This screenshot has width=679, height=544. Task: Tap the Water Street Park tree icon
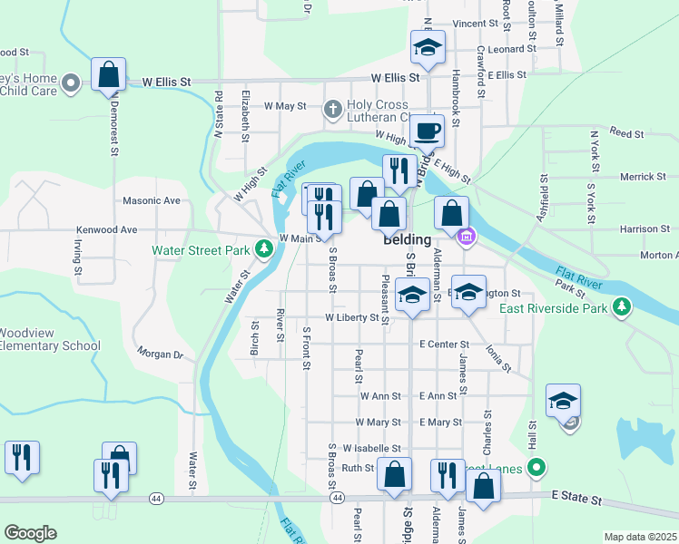pos(263,248)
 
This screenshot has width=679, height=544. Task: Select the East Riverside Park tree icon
pos(622,308)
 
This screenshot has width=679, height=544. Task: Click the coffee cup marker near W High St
pos(426,131)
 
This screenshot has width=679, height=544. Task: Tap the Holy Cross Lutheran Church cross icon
pos(333,111)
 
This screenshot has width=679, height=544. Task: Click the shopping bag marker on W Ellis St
pos(109,76)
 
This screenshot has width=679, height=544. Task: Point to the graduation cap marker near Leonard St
pos(427,49)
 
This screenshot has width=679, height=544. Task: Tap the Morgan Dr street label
pos(160,353)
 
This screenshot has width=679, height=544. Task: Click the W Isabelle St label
pos(371,449)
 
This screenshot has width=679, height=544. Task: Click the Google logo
pos(30,533)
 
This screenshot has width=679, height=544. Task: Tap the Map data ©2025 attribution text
pos(640,538)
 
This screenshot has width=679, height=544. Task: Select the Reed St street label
pos(626,133)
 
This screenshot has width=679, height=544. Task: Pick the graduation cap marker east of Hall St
pos(563,402)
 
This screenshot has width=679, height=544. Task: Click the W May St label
pos(285,106)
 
